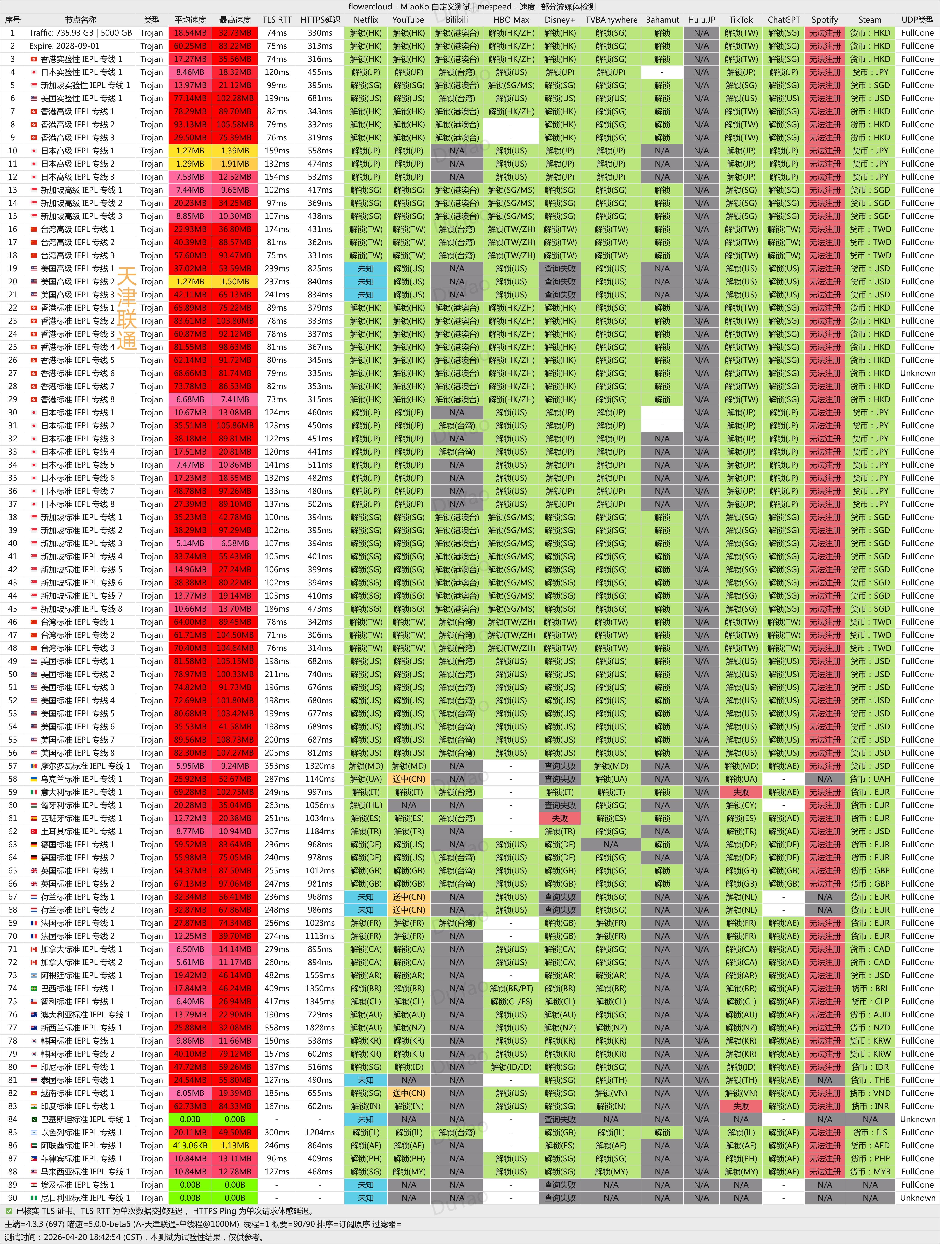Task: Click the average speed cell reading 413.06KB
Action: click(190, 1146)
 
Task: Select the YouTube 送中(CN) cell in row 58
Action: click(409, 779)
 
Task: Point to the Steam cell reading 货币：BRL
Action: click(870, 988)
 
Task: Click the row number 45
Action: click(12, 608)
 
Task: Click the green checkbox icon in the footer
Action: click(8, 1211)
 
